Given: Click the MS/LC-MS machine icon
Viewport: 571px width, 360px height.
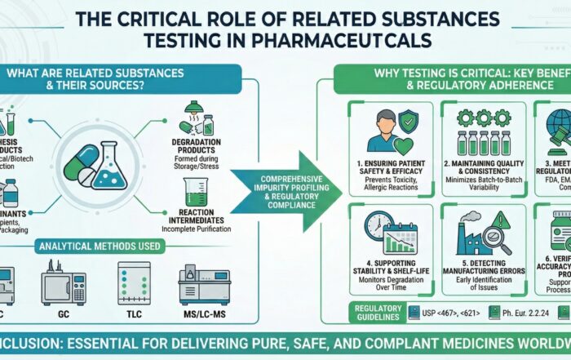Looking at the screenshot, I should [204, 282].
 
